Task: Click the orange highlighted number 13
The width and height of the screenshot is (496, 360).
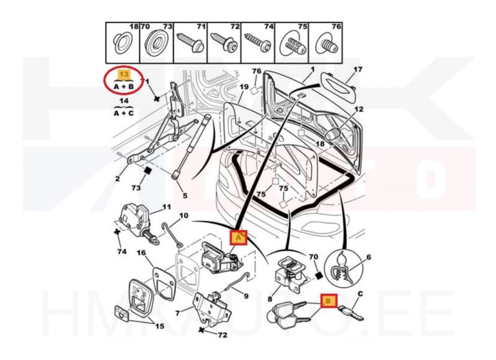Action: click(x=124, y=74)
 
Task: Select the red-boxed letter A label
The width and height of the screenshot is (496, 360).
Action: click(x=239, y=237)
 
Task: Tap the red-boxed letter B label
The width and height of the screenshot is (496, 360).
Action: click(x=329, y=301)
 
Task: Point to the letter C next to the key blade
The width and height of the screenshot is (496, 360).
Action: click(x=360, y=294)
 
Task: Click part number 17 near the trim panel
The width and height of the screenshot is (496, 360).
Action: click(x=358, y=69)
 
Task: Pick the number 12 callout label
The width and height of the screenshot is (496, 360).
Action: click(x=359, y=109)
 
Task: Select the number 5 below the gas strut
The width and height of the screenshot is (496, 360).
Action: click(x=185, y=196)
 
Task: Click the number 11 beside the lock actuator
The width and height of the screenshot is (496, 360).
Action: click(x=166, y=207)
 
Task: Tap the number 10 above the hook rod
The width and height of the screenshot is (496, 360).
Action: click(x=184, y=216)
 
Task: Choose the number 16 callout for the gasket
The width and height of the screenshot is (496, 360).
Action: click(x=141, y=253)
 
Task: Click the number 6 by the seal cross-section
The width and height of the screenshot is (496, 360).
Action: click(x=368, y=257)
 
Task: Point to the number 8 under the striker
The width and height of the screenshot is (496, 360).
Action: click(x=270, y=299)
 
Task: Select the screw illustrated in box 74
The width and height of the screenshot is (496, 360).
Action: click(x=257, y=42)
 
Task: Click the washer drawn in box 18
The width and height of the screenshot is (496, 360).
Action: click(x=123, y=42)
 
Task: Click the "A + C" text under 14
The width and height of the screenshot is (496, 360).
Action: click(x=123, y=113)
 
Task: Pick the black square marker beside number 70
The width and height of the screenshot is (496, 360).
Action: click(x=319, y=276)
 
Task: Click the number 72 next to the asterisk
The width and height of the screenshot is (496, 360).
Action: click(x=223, y=335)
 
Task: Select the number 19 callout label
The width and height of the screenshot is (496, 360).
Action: click(x=244, y=87)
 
